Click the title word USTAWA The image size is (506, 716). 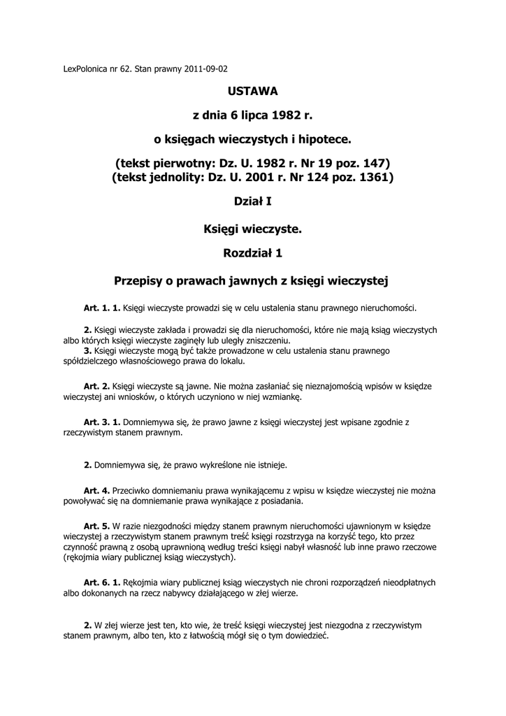253,91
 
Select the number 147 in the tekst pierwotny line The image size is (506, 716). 375,163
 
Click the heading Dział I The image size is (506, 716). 253,202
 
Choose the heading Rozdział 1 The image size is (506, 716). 253,251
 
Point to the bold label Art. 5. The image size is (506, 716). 96,525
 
